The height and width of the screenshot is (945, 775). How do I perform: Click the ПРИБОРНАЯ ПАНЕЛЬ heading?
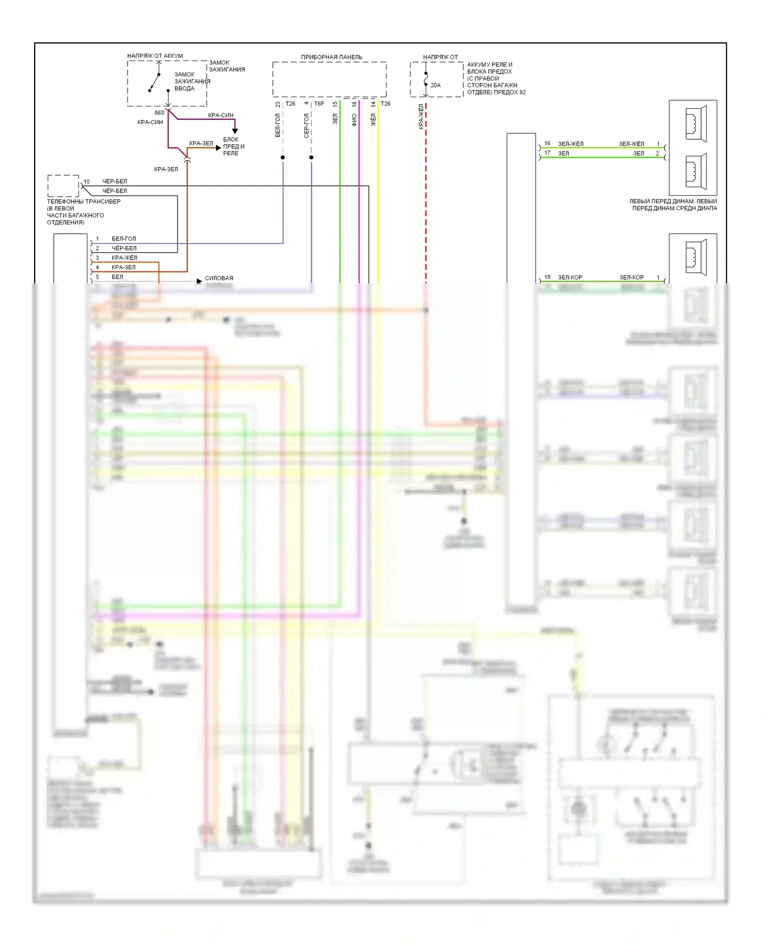point(331,57)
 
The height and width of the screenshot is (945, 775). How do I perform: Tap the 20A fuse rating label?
point(436,85)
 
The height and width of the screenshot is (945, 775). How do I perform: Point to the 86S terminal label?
point(159,113)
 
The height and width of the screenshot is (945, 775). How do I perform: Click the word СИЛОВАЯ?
point(219,278)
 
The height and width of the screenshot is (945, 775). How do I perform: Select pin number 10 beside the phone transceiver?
point(86,181)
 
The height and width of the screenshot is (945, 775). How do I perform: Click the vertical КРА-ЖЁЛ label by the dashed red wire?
point(421,117)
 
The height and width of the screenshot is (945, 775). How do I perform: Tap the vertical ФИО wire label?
point(354,120)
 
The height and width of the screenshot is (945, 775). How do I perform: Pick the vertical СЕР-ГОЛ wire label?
point(306,126)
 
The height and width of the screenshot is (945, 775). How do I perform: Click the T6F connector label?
point(319,104)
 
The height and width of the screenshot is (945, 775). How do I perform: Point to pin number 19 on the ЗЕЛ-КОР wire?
point(547,277)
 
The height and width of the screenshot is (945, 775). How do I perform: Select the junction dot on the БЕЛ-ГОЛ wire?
point(283,157)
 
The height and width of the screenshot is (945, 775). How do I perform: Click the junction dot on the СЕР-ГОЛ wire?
point(311,157)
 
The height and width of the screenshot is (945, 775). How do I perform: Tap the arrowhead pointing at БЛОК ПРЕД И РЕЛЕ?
point(219,148)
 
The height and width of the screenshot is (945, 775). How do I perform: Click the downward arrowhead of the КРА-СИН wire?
point(235,131)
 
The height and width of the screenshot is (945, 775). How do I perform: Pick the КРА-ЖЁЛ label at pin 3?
point(125,257)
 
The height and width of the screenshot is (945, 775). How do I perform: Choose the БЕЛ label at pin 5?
point(117,277)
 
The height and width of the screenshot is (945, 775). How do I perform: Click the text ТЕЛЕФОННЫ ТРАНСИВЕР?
point(84,201)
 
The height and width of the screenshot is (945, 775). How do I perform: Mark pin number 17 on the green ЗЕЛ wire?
point(547,153)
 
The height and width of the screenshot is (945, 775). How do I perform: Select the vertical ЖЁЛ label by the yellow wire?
point(373,120)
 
